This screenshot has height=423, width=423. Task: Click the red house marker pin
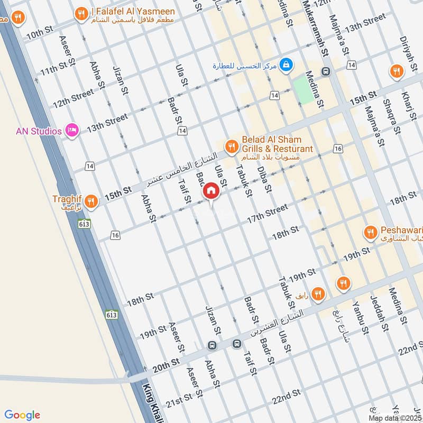click(211, 191)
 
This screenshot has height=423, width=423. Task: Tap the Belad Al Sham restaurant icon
click(231, 146)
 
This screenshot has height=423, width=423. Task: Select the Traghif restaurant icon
click(91, 201)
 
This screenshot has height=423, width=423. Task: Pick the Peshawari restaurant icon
click(370, 232)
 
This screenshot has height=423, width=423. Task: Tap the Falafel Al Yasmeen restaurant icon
click(81, 14)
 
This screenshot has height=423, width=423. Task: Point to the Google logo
click(23, 415)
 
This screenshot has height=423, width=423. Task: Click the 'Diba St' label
click(264, 180)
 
